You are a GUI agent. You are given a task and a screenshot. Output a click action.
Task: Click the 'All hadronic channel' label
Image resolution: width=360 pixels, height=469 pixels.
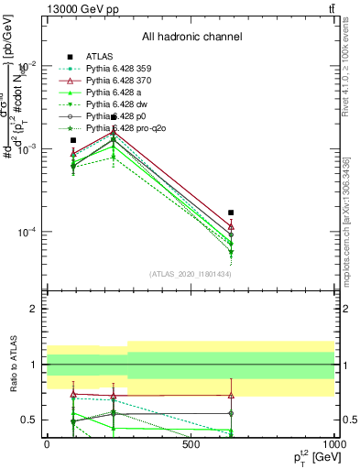[x=191, y=37]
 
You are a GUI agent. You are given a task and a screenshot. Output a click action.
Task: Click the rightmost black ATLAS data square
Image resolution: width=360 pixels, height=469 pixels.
[x=231, y=213]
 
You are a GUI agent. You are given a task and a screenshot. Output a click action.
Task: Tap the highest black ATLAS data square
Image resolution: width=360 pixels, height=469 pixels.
[x=114, y=117]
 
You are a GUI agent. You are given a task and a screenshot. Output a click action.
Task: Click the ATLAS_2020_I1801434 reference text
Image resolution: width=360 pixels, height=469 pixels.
[x=191, y=274]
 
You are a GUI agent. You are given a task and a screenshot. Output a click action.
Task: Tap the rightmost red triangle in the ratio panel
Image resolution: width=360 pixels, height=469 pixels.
[x=231, y=396]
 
